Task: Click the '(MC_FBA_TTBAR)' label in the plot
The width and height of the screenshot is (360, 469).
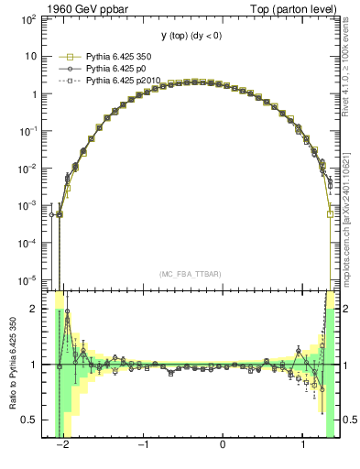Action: (189, 274)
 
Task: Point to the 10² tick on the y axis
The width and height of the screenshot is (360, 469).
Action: (29, 18)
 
